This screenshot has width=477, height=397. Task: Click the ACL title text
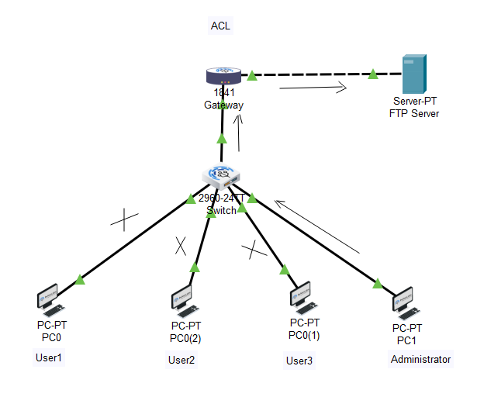click(220, 26)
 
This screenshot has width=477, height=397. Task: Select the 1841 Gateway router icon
click(223, 76)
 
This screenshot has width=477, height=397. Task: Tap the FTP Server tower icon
click(413, 75)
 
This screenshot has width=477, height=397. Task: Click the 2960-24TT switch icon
click(223, 178)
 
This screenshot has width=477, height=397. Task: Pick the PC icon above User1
click(50, 301)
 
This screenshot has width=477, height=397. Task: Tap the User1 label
click(48, 358)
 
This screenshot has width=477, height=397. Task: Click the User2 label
click(181, 360)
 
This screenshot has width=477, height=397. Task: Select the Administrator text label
click(420, 360)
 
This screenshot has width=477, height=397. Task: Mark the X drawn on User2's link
click(180, 246)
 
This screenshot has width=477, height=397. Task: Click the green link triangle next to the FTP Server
click(373, 74)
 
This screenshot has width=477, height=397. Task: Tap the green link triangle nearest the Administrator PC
click(377, 283)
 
